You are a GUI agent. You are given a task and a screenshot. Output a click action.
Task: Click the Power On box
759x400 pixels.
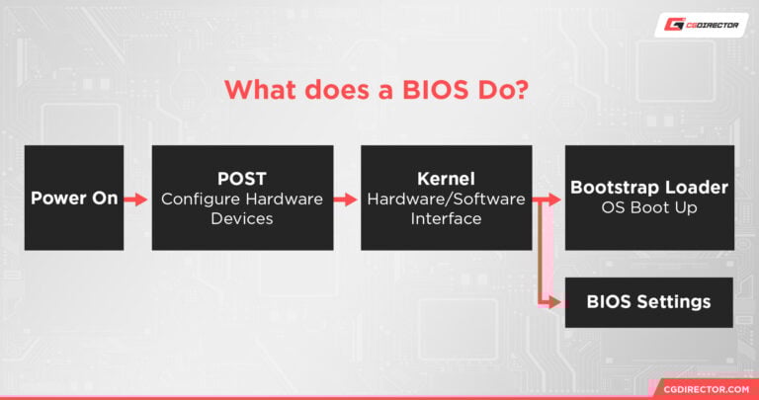click(x=74, y=198)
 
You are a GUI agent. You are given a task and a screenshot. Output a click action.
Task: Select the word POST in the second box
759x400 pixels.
click(x=242, y=179)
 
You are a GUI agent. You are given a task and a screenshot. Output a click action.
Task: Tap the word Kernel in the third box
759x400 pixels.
click(x=446, y=179)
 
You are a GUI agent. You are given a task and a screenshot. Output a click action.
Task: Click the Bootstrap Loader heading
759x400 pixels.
click(x=648, y=187)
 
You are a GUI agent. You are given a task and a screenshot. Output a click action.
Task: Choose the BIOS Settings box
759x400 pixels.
click(x=648, y=301)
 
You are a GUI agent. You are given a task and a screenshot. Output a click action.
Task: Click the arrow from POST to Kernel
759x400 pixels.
click(x=346, y=199)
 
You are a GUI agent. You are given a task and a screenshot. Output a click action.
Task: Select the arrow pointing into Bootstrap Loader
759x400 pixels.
click(x=548, y=199)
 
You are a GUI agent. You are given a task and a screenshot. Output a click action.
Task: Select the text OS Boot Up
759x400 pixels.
click(x=648, y=207)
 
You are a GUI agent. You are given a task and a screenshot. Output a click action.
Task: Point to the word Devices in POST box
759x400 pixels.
click(x=242, y=217)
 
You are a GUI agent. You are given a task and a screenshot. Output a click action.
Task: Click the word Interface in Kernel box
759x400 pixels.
click(x=446, y=217)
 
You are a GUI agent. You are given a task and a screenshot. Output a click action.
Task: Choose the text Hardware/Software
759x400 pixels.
click(x=446, y=199)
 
